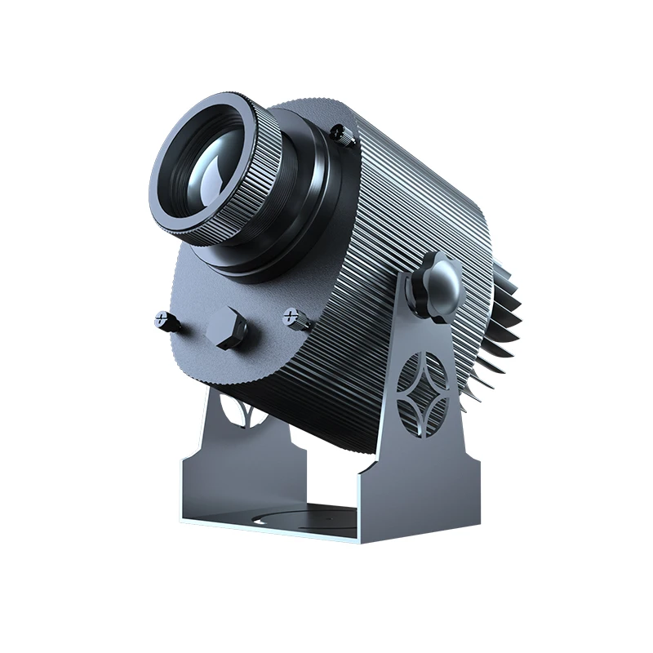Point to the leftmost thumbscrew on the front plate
(x=167, y=322)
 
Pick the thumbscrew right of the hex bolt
(x=296, y=318)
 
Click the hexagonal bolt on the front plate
(x=226, y=328)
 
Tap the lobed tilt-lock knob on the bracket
(x=436, y=285)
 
